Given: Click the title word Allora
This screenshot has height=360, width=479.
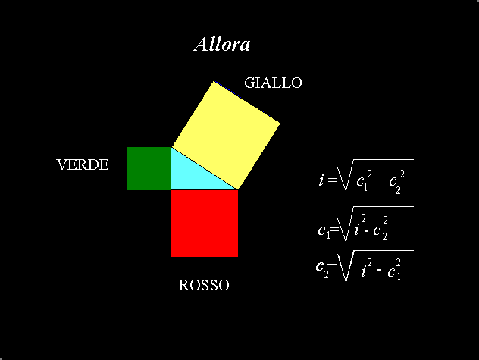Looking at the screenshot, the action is coord(222,44).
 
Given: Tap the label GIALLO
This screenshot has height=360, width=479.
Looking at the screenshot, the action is coord(273,83).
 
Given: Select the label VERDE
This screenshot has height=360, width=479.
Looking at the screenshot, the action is coord(83,164).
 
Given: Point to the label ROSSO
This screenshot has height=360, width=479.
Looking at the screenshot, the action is coord(204,285).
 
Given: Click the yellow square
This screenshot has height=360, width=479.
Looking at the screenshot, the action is coord(226,136).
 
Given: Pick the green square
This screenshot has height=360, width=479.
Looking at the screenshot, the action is coord(149,168).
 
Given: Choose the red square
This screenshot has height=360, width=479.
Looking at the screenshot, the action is coord(205,224).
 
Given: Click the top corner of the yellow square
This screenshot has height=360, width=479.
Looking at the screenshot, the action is coord(214,81).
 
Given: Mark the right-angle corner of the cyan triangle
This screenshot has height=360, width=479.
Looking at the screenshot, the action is coord(171,189).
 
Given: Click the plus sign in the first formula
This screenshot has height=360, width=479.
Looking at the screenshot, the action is coord(380,180).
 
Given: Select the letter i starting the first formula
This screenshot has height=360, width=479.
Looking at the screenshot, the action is coord(321,180).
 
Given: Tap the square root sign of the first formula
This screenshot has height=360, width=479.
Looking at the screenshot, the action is coord(375,175).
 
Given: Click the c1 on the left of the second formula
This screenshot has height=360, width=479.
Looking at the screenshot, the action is coord(324,230).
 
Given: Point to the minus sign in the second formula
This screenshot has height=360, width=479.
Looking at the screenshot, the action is coord(367,231).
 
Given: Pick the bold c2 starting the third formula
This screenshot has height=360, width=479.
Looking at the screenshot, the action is coord(322,268).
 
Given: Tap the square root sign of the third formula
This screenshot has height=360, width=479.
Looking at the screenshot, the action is coord(375,266).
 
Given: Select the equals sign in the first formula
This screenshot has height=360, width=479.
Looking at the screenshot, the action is coord(332,180).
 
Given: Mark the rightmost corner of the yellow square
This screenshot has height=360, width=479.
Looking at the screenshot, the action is coord(280,123).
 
